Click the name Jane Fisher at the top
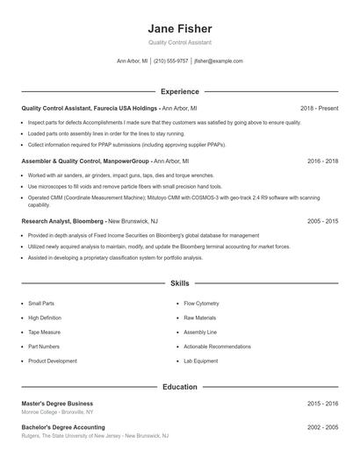[180, 28]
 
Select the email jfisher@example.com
[219, 61]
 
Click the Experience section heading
[180, 91]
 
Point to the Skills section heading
[180, 284]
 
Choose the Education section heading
[180, 386]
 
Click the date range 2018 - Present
[319, 108]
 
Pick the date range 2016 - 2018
[322, 161]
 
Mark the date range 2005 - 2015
[322, 222]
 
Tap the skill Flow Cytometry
[201, 304]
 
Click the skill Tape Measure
[44, 333]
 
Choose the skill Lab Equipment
[200, 361]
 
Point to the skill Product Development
[53, 361]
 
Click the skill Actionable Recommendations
[217, 347]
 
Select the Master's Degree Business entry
[57, 404]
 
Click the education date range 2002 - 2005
[322, 427]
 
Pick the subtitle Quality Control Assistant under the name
[180, 42]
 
